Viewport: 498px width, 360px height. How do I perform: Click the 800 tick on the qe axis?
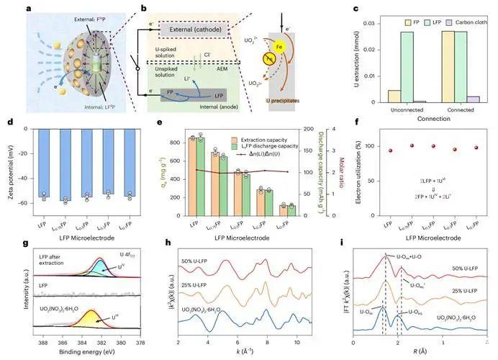click(187, 143)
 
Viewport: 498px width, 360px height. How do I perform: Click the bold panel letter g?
click(6, 238)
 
